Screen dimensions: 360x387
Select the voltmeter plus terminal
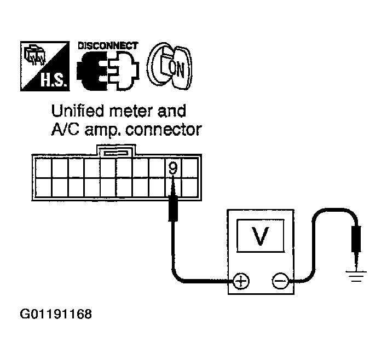pyautogui.click(x=240, y=281)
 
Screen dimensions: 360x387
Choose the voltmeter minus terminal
pyautogui.click(x=280, y=281)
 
